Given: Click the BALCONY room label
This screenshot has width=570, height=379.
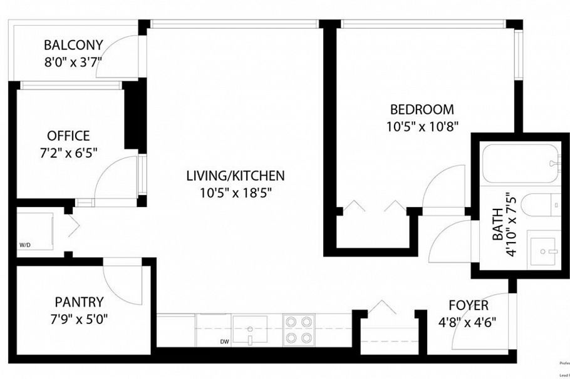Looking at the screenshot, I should pos(73,45).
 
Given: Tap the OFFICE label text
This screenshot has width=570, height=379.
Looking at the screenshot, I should pos(68,136).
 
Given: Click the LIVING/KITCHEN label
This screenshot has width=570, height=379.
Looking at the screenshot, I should pos(236,176).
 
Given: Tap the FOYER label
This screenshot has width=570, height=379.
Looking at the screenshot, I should pos(469,305).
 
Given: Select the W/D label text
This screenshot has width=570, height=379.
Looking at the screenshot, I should pos(24,245).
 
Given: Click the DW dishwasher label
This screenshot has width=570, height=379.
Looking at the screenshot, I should pos(224,341).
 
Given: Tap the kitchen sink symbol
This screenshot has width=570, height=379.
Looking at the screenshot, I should pos(249,328).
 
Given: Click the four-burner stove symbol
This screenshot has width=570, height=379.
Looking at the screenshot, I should pos(298,329).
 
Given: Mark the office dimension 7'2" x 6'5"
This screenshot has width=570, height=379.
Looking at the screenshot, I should pos(68,151).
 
